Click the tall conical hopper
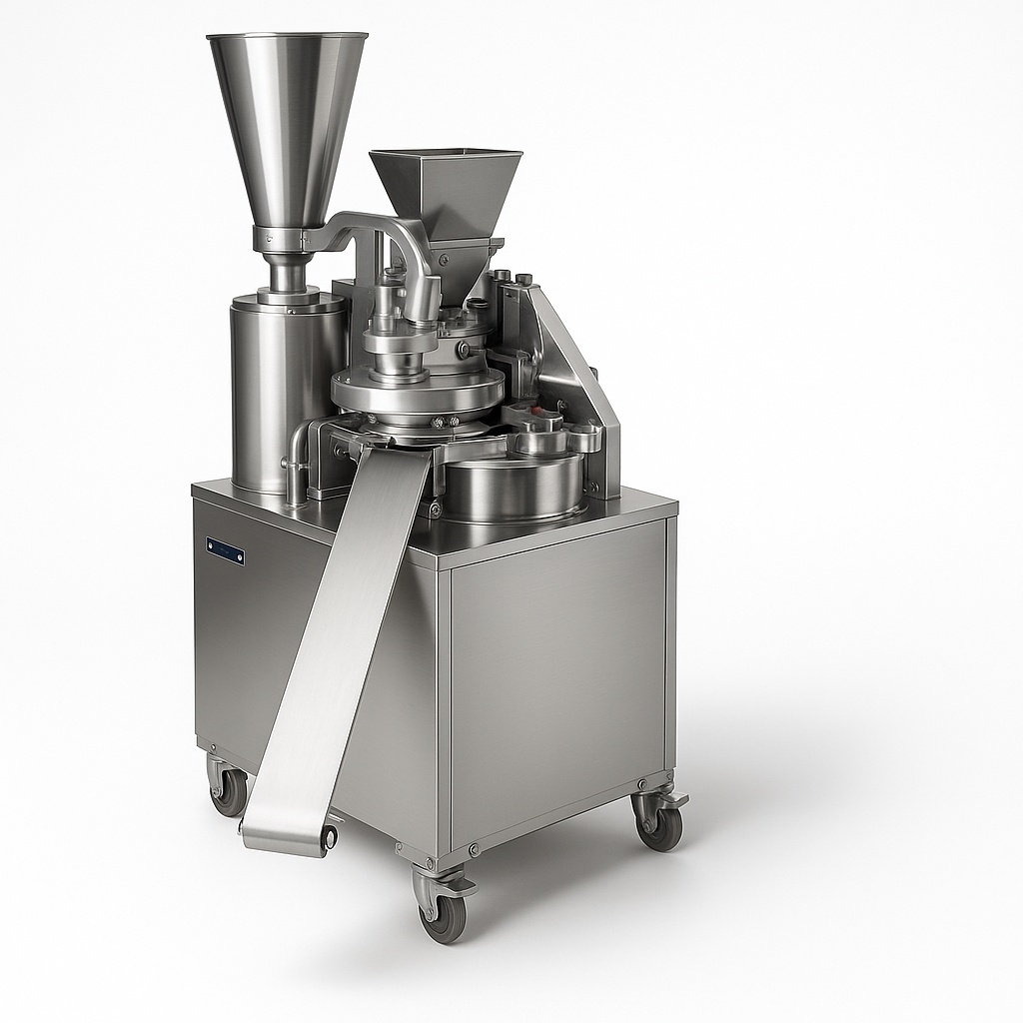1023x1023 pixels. (x=286, y=120)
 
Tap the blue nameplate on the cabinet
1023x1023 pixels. (x=225, y=550)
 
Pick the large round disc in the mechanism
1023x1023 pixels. (x=417, y=390)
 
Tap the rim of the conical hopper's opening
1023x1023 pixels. (x=287, y=39)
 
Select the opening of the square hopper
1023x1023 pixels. (x=446, y=155)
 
